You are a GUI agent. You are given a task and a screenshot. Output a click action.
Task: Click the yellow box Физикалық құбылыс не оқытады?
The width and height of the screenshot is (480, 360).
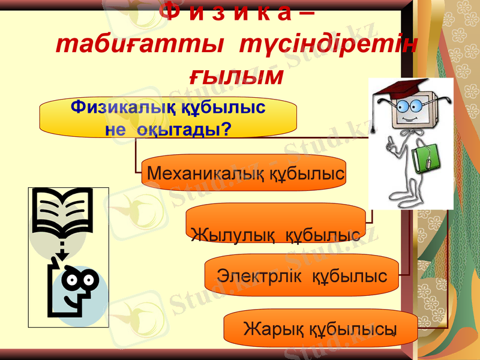[168, 118]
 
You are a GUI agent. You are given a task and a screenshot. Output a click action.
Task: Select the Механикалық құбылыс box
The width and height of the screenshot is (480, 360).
[245, 173]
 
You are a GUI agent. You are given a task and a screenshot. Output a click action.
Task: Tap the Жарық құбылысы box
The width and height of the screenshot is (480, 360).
[320, 328]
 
